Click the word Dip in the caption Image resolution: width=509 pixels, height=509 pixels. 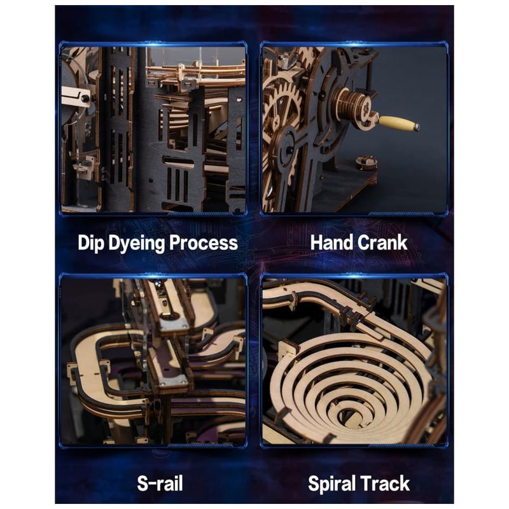pyautogui.click(x=91, y=243)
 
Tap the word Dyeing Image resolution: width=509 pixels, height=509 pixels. pyautogui.click(x=136, y=244)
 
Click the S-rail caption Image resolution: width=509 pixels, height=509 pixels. pyautogui.click(x=160, y=484)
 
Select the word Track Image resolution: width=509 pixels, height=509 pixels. pyautogui.click(x=385, y=484)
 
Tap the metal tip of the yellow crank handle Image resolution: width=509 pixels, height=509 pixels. pyautogui.click(x=416, y=127)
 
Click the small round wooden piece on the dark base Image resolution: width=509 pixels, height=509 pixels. pyautogui.click(x=366, y=163)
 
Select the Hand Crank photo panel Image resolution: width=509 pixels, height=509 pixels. pyautogui.click(x=354, y=129)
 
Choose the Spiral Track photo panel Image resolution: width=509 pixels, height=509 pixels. pyautogui.click(x=354, y=361)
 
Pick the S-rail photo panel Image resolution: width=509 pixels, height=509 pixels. pyautogui.click(x=153, y=361)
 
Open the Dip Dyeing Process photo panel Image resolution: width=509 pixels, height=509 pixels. pyautogui.click(x=153, y=129)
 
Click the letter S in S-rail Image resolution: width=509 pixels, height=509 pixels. pyautogui.click(x=143, y=484)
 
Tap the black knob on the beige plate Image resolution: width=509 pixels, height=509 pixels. pyautogui.click(x=85, y=99)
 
